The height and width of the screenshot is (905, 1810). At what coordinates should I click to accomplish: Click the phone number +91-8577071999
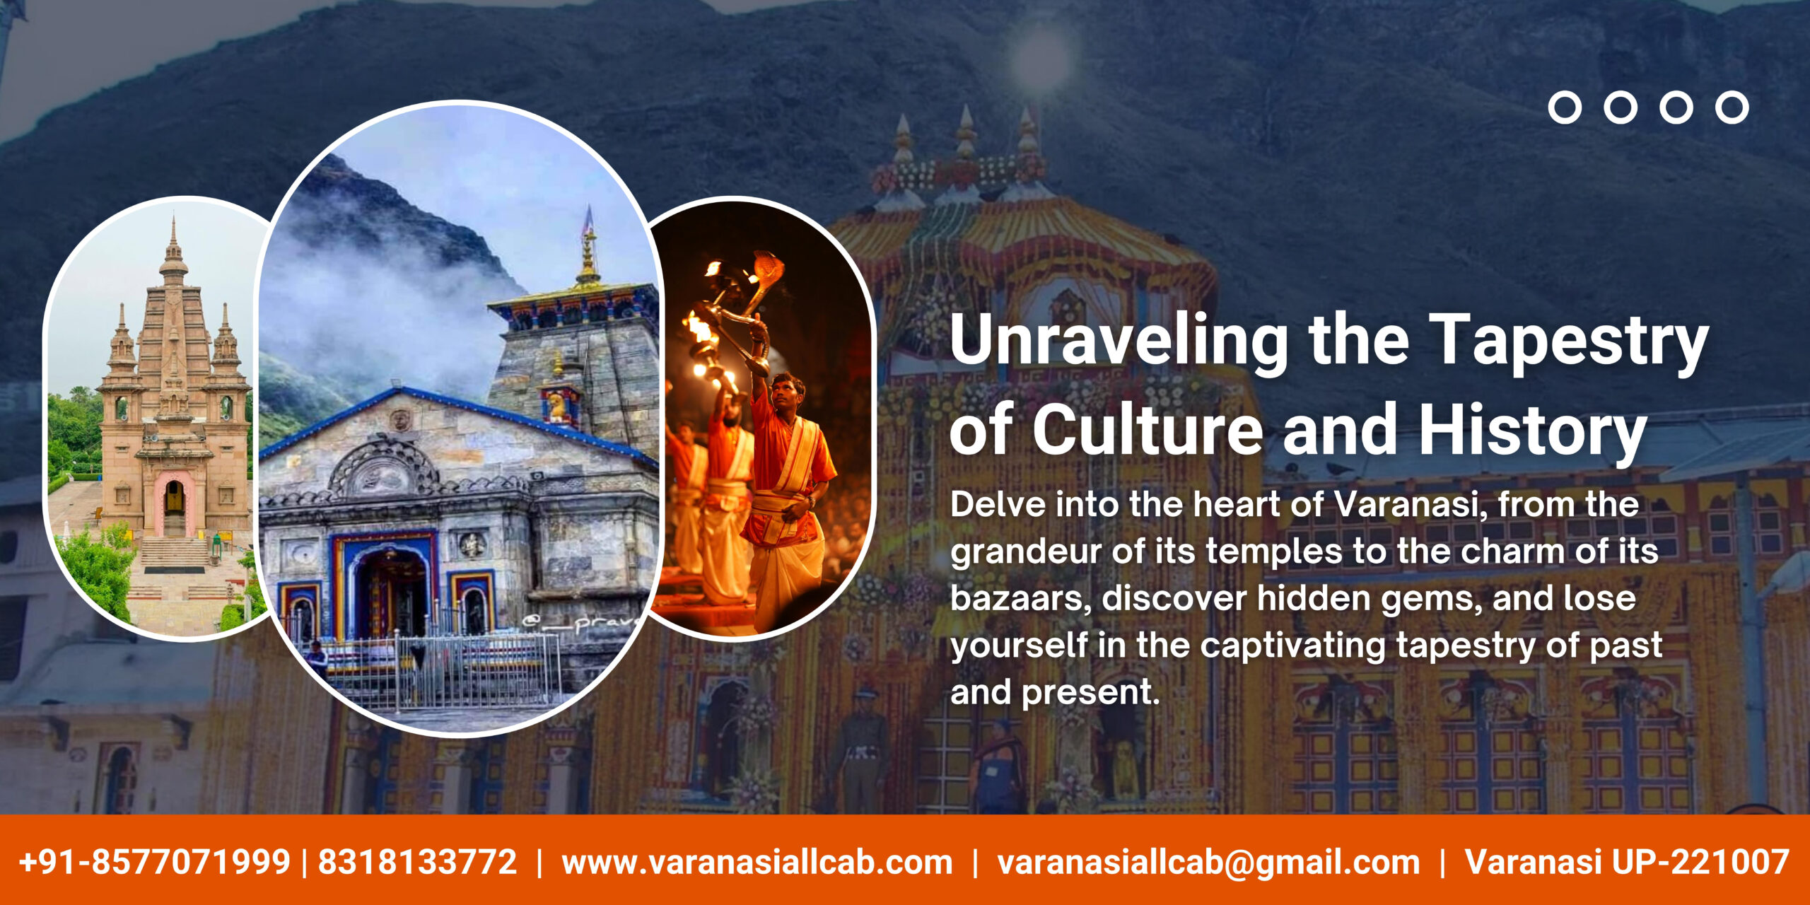155,862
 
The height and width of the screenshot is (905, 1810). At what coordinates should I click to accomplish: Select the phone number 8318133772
418,862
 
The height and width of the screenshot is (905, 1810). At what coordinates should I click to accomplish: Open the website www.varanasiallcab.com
757,863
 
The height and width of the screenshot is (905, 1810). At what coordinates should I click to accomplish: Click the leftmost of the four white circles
1565,107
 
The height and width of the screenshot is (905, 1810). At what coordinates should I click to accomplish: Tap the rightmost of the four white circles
1732,107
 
